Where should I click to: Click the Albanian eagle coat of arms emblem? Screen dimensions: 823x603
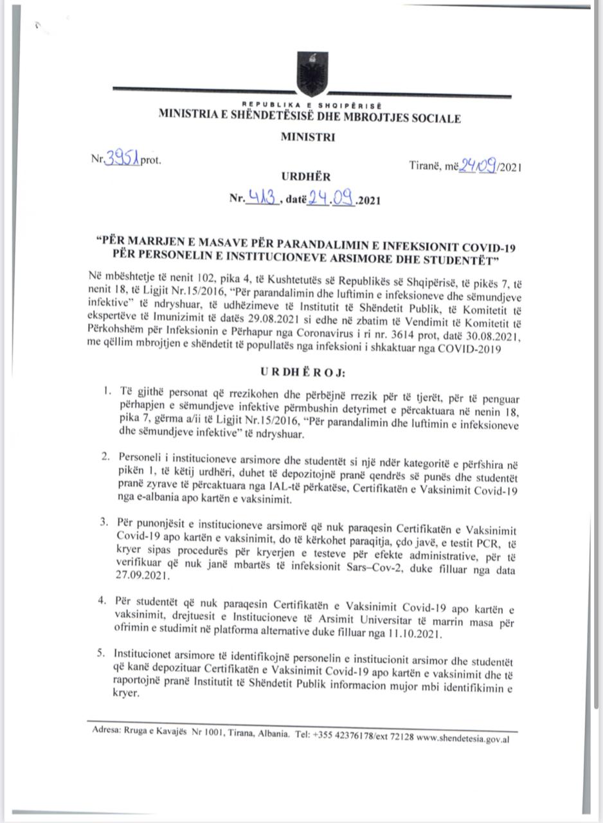312,75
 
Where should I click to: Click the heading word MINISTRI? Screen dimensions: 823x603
307,137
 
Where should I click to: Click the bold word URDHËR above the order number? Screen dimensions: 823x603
301,176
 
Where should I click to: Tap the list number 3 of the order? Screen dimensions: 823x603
103,520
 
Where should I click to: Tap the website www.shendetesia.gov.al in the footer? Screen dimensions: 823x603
463,739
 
